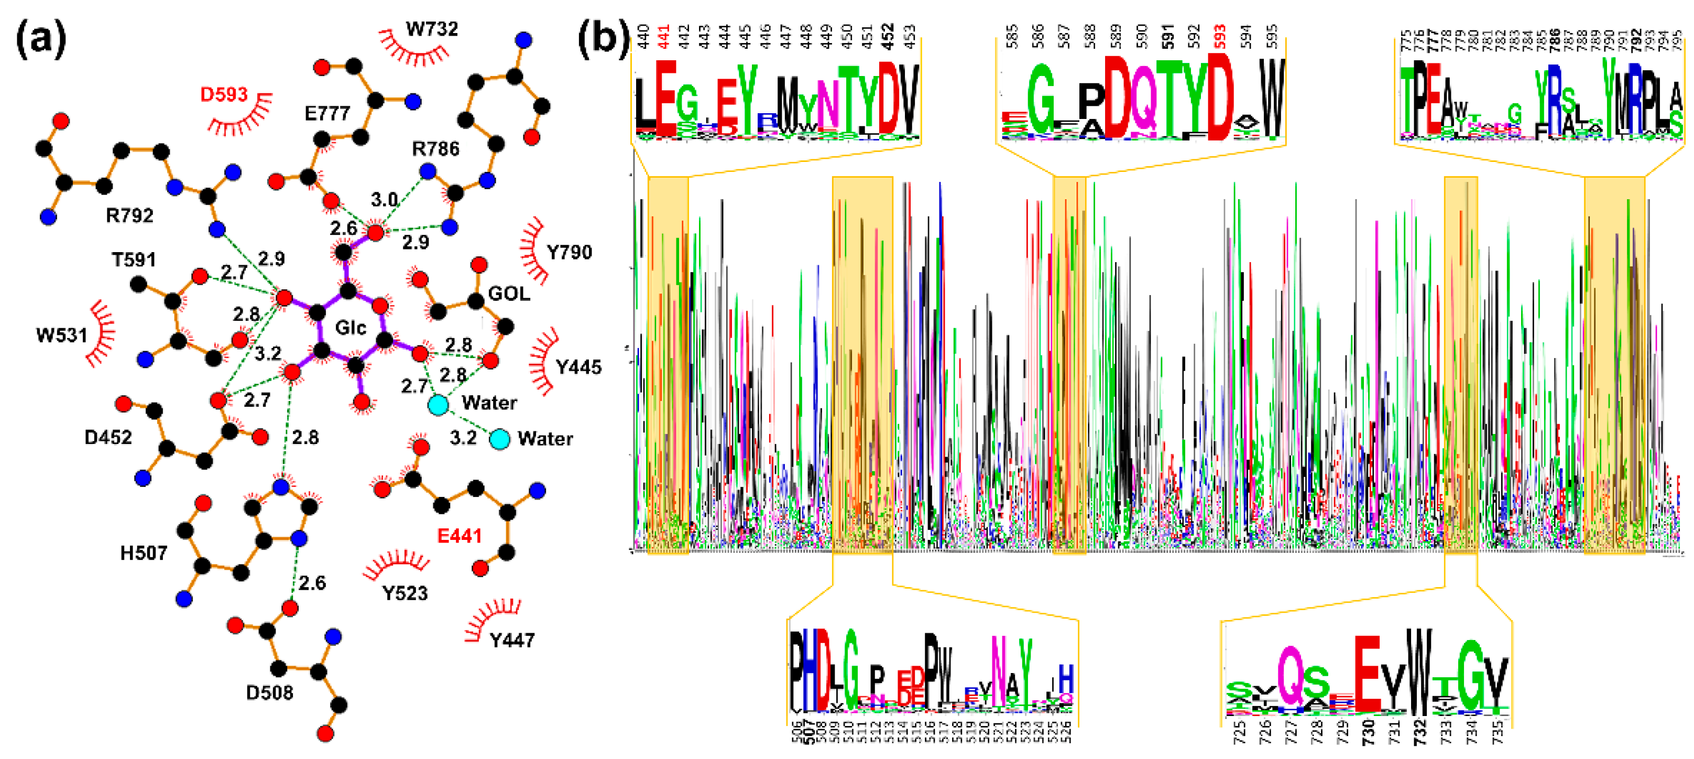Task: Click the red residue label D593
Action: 224,95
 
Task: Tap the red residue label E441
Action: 460,536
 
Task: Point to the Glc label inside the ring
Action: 350,327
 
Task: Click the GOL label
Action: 508,294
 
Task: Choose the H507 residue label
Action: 144,553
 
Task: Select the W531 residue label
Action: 62,335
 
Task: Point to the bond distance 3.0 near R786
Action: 384,199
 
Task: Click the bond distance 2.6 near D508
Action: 312,583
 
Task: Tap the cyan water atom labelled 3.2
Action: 500,439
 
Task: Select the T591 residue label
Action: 134,260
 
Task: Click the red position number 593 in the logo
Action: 1220,37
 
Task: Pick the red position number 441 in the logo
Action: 665,37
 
